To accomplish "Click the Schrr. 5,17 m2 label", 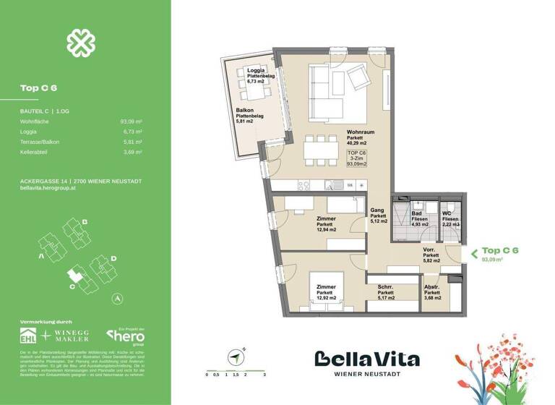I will (x=384, y=291).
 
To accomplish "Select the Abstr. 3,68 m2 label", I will (x=433, y=291).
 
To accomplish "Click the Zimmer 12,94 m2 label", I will (x=327, y=223).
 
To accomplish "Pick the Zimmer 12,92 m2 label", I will (x=326, y=291).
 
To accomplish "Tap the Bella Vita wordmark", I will (x=366, y=359).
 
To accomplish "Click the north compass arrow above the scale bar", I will (x=235, y=357).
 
